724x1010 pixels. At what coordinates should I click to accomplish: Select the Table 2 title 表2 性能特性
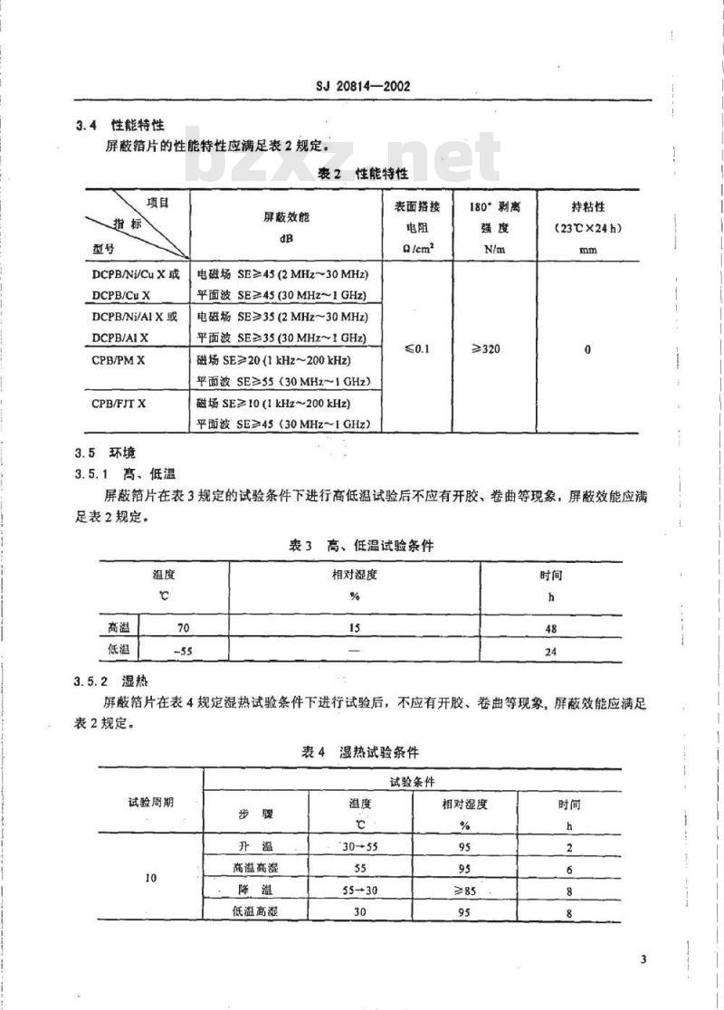[x=364, y=173]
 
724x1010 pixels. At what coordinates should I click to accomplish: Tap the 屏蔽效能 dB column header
[x=286, y=224]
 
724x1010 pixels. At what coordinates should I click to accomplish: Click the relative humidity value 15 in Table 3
[x=354, y=627]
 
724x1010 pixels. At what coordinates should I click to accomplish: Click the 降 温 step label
[x=256, y=891]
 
